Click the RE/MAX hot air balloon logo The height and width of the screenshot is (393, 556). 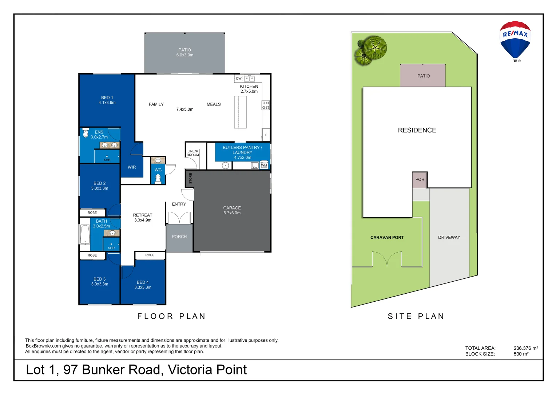(x=515, y=40)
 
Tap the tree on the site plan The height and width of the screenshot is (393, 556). (x=371, y=50)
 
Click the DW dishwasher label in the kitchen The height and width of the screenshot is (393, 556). (x=239, y=79)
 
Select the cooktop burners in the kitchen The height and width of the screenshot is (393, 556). (x=266, y=106)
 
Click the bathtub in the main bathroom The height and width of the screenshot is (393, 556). (x=85, y=234)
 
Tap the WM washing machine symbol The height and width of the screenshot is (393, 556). (x=264, y=165)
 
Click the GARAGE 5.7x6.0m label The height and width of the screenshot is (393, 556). (x=232, y=210)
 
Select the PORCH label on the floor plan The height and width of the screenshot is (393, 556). (x=179, y=237)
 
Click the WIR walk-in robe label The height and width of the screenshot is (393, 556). (x=132, y=167)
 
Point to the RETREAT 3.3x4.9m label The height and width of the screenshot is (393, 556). (x=143, y=218)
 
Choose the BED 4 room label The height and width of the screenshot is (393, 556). (x=143, y=285)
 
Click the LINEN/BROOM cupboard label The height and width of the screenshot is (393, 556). (x=193, y=153)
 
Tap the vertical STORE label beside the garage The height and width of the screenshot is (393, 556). (x=190, y=178)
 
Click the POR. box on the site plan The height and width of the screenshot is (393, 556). (x=420, y=180)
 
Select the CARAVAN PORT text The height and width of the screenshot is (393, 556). (x=387, y=238)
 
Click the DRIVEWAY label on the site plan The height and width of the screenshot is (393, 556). (x=449, y=238)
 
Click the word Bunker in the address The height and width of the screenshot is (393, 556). (x=103, y=370)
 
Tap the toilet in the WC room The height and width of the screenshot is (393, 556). (x=158, y=178)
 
